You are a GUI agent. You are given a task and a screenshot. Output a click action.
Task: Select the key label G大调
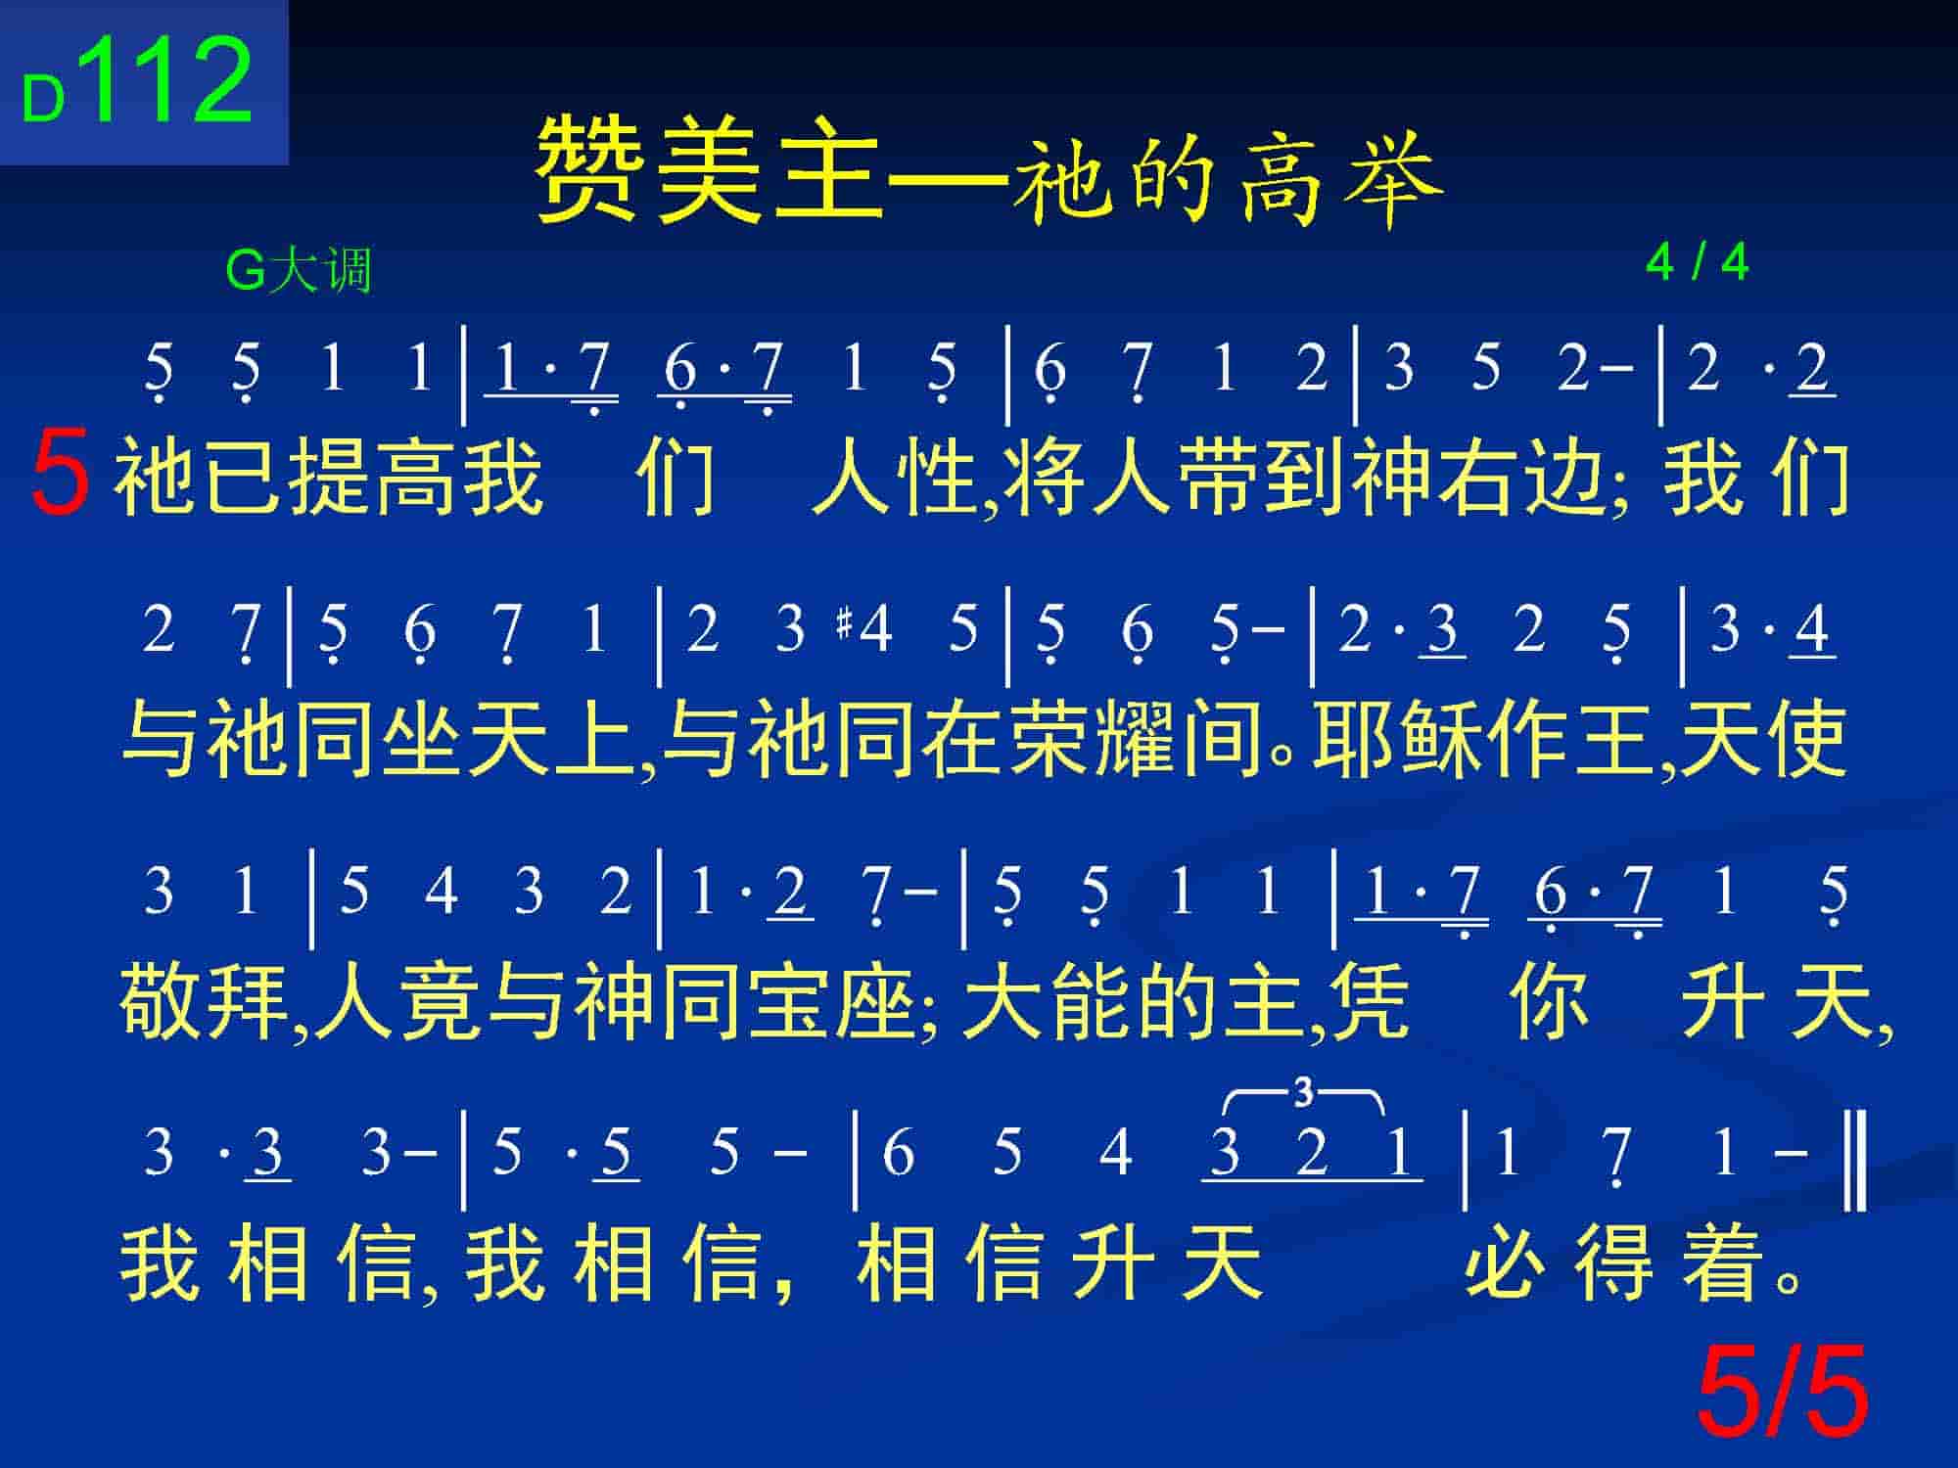point(299,270)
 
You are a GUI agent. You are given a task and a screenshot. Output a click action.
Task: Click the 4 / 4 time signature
point(1698,261)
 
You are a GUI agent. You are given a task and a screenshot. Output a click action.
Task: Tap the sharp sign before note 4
point(845,624)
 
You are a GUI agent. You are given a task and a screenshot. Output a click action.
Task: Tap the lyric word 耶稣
point(1398,739)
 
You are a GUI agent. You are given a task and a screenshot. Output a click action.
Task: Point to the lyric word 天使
point(1762,739)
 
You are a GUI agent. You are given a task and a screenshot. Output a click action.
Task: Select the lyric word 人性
point(896,477)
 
